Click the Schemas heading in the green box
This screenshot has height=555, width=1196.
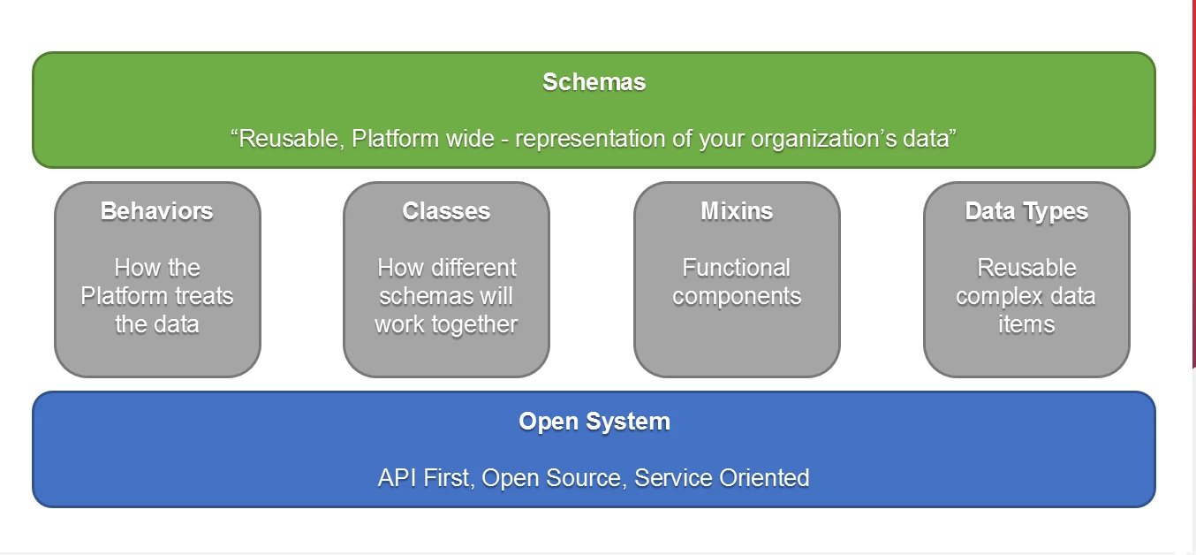[594, 82]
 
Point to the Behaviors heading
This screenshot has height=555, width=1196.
[157, 211]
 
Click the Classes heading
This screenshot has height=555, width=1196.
[446, 211]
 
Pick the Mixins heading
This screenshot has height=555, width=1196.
[737, 211]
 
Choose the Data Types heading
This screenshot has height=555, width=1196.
[1026, 211]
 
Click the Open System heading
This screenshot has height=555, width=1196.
[594, 422]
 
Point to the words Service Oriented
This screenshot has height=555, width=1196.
[722, 478]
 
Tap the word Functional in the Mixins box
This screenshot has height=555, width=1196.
[737, 268]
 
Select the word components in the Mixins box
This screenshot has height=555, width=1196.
[737, 296]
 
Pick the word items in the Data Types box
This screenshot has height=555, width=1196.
[1026, 324]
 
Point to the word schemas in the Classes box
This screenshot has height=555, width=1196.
[428, 296]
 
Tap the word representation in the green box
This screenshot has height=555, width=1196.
[590, 139]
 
